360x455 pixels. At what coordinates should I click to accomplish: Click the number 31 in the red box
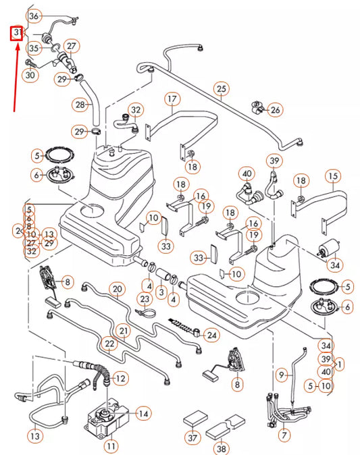17,33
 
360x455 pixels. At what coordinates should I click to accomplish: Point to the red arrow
14,74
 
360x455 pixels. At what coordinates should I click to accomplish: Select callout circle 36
35,16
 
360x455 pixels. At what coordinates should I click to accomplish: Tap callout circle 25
221,88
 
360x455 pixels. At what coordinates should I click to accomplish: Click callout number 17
172,99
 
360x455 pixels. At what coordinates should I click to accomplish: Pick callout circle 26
275,109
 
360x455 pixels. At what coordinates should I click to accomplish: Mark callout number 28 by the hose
81,105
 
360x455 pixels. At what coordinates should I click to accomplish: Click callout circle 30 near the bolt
29,76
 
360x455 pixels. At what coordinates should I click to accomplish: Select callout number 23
144,298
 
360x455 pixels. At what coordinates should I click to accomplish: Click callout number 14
143,413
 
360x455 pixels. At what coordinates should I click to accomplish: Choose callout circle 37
193,438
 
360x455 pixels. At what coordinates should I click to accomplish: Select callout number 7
284,435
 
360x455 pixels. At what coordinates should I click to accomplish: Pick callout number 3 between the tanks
161,291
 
